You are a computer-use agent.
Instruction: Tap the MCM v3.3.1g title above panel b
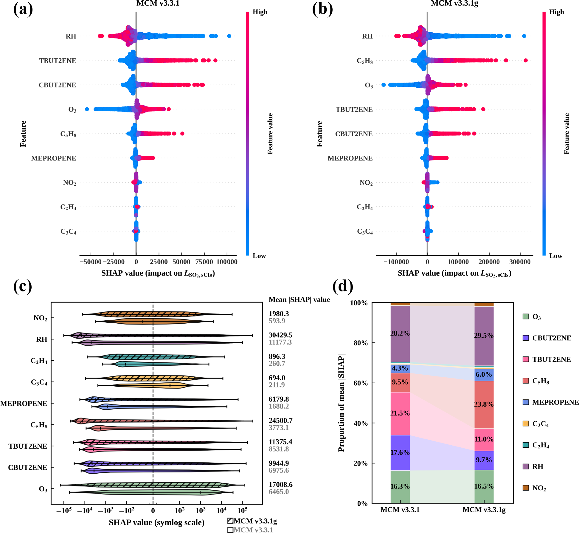click(454, 3)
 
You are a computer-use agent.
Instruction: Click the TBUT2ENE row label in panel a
click(58, 61)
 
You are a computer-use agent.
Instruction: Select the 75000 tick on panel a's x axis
click(204, 262)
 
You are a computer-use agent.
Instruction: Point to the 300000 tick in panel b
click(520, 262)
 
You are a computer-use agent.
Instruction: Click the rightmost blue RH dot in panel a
click(229, 36)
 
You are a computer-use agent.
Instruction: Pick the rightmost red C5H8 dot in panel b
click(526, 61)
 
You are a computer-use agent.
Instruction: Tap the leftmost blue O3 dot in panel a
click(87, 109)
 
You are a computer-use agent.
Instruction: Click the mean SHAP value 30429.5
click(280, 335)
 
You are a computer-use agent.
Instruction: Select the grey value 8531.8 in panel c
click(279, 449)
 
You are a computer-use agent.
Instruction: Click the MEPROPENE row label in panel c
click(24, 404)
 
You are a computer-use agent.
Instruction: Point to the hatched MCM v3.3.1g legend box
click(230, 521)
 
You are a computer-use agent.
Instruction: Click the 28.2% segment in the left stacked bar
click(400, 334)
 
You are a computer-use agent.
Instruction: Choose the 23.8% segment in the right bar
click(484, 405)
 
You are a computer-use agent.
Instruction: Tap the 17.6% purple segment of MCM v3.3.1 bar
click(400, 453)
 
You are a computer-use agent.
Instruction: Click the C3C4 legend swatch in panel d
click(526, 424)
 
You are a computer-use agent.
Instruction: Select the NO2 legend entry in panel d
click(535, 488)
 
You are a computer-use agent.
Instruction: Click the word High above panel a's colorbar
click(260, 12)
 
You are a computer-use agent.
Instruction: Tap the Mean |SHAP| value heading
click(299, 300)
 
